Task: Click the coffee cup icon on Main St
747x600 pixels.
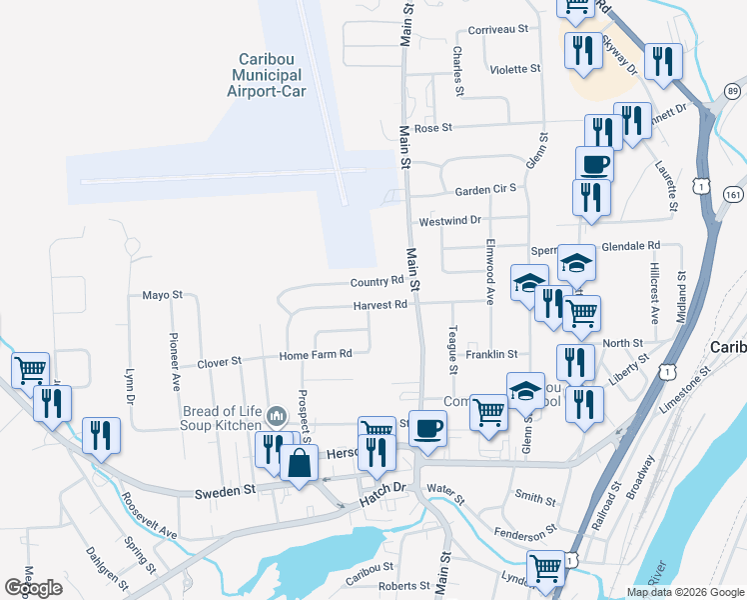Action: pyautogui.click(x=428, y=428)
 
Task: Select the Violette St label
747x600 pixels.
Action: pyautogui.click(x=515, y=69)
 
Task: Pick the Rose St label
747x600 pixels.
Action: pyautogui.click(x=433, y=128)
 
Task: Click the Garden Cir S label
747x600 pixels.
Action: pyautogui.click(x=485, y=189)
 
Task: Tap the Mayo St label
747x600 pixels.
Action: pyautogui.click(x=163, y=295)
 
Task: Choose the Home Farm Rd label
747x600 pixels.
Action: pyautogui.click(x=317, y=354)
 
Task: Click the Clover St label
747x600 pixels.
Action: pyautogui.click(x=220, y=362)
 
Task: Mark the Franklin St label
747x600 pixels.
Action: pyautogui.click(x=491, y=354)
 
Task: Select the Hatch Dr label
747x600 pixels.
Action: pyautogui.click(x=385, y=487)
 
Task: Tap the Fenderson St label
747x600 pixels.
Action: pyautogui.click(x=522, y=528)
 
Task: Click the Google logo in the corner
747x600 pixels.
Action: pyautogui.click(x=34, y=587)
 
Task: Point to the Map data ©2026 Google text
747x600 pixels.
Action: pyautogui.click(x=684, y=592)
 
